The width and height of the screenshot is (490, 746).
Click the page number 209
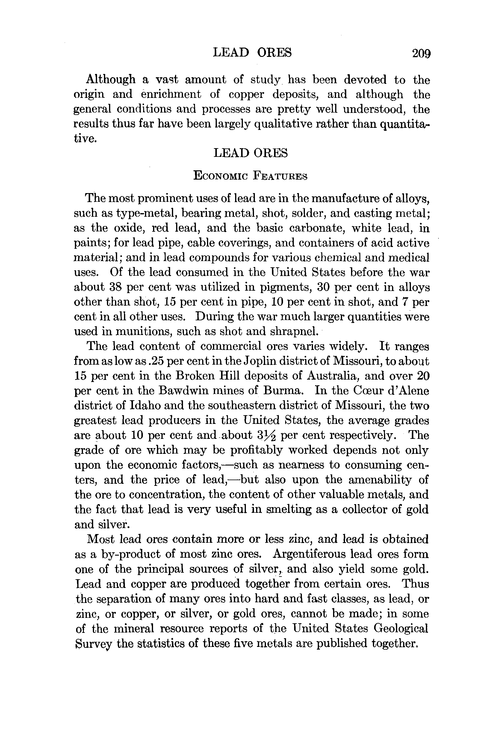pyautogui.click(x=421, y=53)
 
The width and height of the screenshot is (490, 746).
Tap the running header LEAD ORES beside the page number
pyautogui.click(x=252, y=52)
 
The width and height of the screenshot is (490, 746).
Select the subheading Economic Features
pyautogui.click(x=250, y=176)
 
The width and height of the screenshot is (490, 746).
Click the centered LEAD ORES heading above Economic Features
pyautogui.click(x=250, y=153)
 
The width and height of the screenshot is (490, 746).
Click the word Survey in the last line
pyautogui.click(x=94, y=644)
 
